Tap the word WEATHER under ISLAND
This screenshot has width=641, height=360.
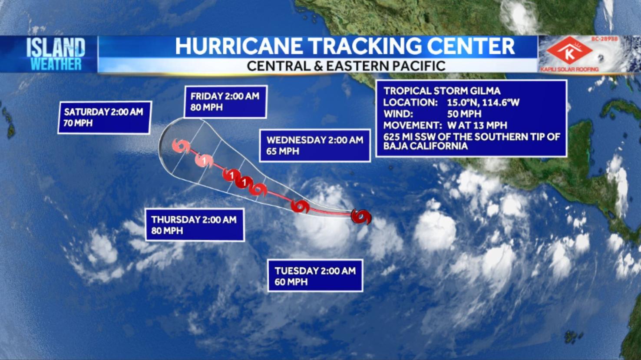click(x=56, y=64)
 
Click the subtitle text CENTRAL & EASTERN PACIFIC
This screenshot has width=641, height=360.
click(x=346, y=66)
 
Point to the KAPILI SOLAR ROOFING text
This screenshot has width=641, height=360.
click(x=569, y=69)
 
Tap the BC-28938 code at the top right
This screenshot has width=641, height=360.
click(x=604, y=39)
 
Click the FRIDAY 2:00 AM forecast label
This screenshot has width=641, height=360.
click(x=225, y=96)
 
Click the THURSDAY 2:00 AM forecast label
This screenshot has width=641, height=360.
click(x=194, y=220)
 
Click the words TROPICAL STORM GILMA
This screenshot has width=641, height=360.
click(x=442, y=91)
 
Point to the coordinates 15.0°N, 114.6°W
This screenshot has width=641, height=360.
click(x=483, y=103)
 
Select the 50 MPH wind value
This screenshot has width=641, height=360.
click(x=464, y=114)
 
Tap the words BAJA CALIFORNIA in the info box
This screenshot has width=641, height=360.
click(x=425, y=146)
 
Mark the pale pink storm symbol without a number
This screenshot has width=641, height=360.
click(x=181, y=145)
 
